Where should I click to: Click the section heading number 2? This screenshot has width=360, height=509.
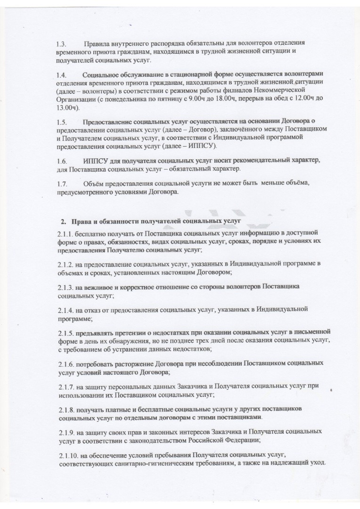63,221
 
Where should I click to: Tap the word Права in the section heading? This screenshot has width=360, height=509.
81,221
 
